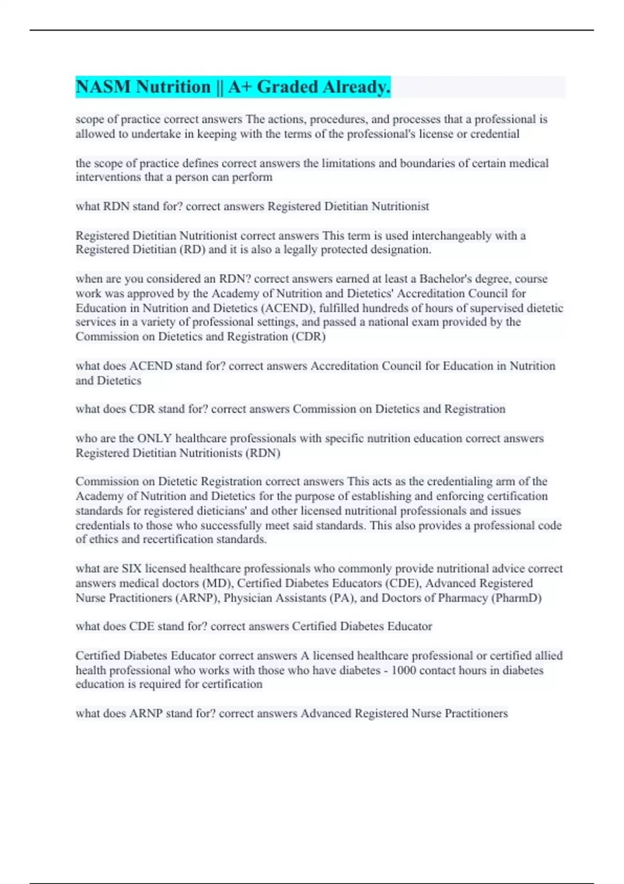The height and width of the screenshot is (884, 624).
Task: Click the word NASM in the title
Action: click(103, 87)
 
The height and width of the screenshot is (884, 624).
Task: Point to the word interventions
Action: click(107, 177)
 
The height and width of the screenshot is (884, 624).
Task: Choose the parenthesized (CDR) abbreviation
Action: click(308, 336)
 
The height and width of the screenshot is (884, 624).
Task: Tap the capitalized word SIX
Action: click(132, 569)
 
